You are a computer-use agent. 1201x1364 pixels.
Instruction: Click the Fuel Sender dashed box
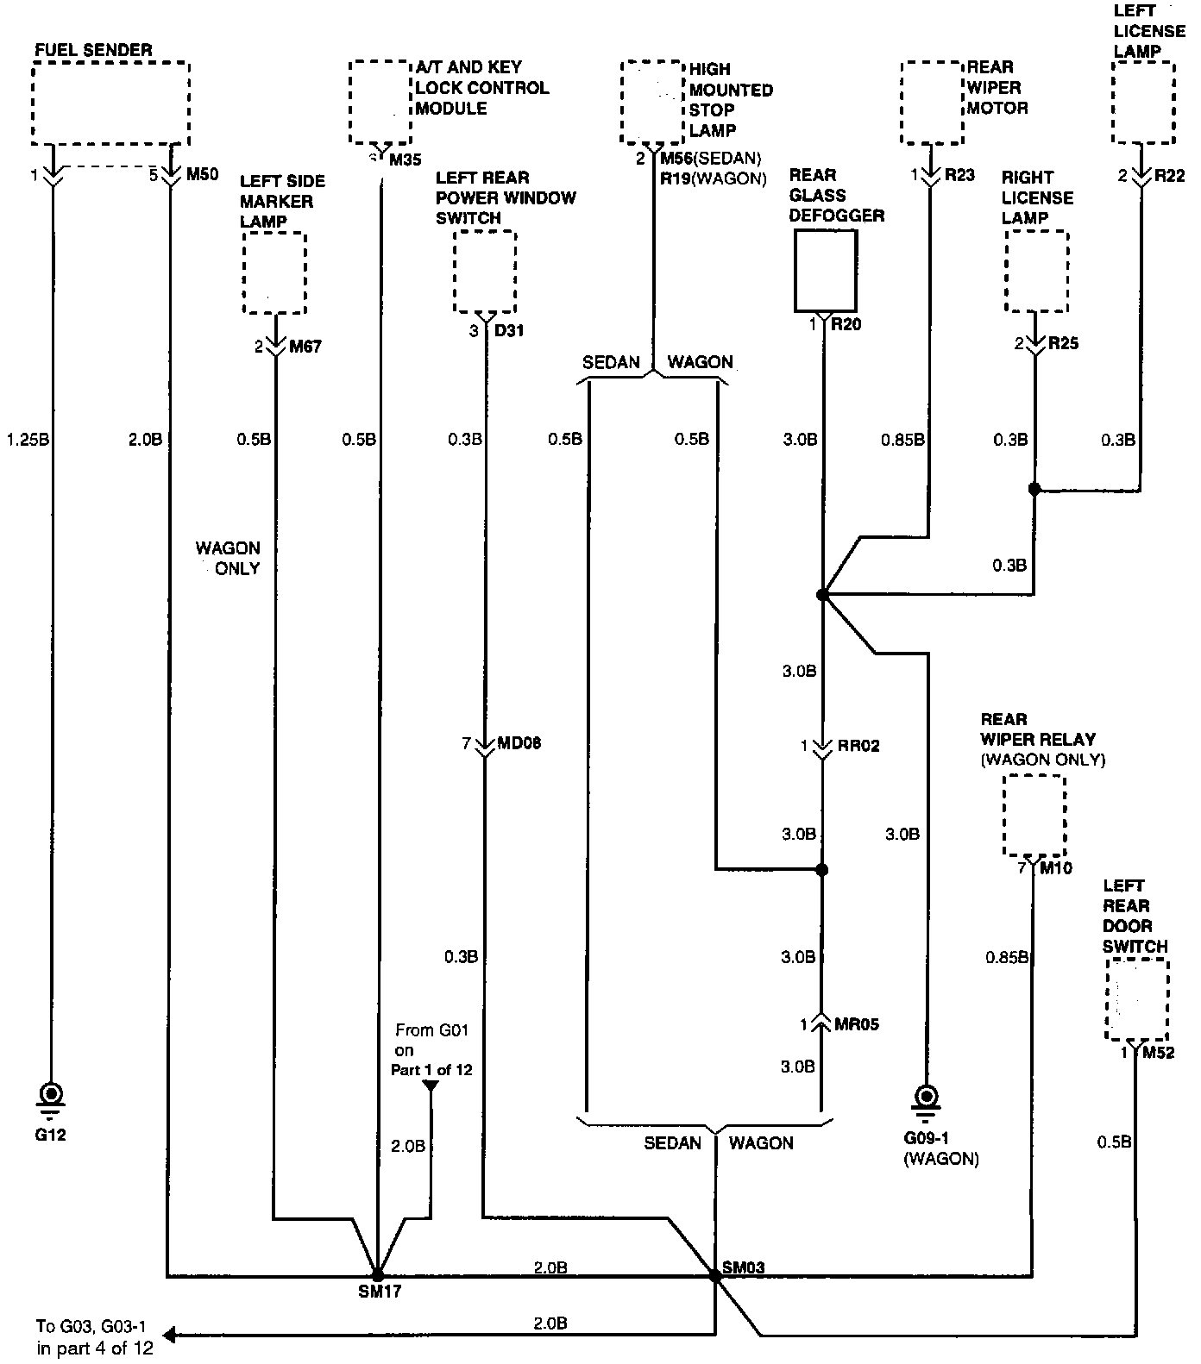click(x=110, y=103)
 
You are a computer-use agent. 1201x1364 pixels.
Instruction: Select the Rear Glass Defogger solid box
click(x=825, y=270)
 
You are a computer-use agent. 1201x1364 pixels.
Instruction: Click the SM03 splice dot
click(x=714, y=1275)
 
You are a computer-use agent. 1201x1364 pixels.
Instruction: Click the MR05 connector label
click(x=857, y=1024)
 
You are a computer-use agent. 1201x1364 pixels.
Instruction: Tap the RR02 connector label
click(x=858, y=746)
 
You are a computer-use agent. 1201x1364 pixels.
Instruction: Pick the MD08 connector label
click(x=519, y=743)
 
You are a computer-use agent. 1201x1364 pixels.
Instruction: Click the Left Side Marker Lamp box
click(x=275, y=272)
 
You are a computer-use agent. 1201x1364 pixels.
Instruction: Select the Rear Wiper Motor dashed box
click(x=932, y=103)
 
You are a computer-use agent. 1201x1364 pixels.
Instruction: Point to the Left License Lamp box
click(x=1143, y=103)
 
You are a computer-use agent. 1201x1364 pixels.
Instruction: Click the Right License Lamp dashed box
click(x=1036, y=271)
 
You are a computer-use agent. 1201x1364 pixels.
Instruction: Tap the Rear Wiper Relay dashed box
click(x=1034, y=816)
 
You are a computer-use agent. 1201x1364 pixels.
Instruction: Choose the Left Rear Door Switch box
click(x=1137, y=999)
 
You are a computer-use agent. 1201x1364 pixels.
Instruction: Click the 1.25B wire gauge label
click(x=28, y=440)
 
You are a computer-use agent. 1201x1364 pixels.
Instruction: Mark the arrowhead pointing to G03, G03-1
click(x=170, y=1336)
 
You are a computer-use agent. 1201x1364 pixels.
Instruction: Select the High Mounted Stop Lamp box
click(x=652, y=103)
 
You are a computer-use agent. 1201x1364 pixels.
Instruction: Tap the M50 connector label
click(x=202, y=175)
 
